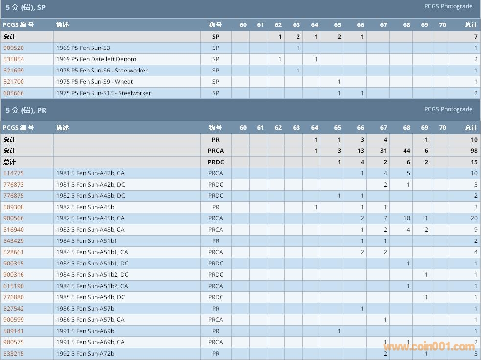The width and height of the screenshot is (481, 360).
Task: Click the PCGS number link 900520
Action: [x=13, y=48]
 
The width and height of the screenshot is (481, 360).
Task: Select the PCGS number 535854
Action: [x=13, y=59]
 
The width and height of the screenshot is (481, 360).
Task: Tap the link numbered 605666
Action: [x=13, y=93]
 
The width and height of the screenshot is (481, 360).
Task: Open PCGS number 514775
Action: [x=13, y=173]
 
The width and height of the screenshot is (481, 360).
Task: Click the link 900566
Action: [x=13, y=218]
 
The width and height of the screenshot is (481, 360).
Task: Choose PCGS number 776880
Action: [x=13, y=297]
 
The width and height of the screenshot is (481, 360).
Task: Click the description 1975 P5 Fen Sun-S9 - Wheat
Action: [x=94, y=82]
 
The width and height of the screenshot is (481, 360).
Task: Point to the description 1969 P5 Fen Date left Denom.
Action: [x=97, y=59]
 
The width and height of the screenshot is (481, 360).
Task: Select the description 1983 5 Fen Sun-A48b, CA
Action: [x=91, y=230]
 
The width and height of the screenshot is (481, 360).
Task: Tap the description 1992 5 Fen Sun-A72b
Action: [x=85, y=354]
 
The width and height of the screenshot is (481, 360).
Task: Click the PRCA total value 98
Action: [x=473, y=151]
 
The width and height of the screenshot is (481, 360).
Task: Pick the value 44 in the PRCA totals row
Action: [x=406, y=151]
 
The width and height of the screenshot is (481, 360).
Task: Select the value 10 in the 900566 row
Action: [x=406, y=218]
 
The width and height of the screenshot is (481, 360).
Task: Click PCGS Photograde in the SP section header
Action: [x=448, y=6]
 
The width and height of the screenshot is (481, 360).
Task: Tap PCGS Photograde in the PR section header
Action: [x=448, y=109]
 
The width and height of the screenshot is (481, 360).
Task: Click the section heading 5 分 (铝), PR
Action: [x=26, y=110]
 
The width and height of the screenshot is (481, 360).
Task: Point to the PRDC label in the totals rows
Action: [x=215, y=162]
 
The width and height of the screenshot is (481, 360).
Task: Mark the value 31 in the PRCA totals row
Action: [x=383, y=151]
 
